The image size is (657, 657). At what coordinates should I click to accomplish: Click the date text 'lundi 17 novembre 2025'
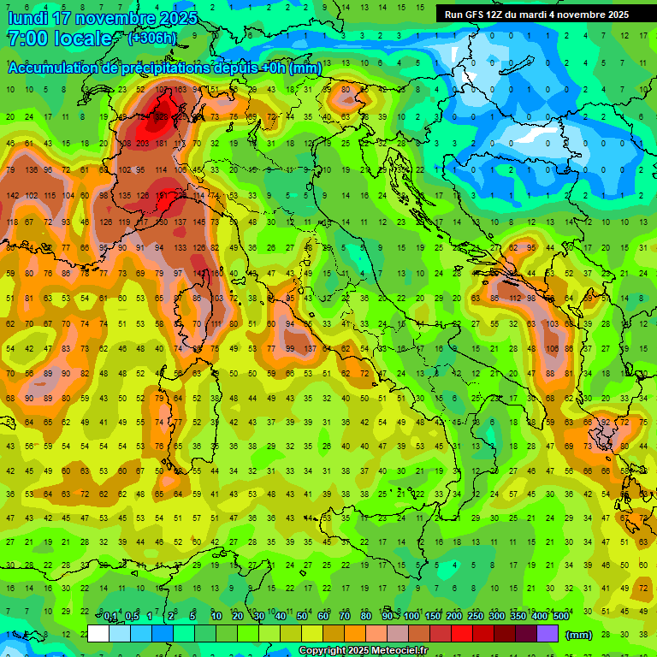[103, 18]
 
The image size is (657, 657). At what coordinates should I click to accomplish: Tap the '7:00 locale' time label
[60, 38]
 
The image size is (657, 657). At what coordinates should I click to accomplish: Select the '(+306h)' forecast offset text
[153, 38]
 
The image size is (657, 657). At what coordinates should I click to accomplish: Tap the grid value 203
[142, 144]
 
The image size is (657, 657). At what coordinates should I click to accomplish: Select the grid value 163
[180, 90]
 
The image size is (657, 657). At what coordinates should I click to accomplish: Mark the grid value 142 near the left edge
[11, 196]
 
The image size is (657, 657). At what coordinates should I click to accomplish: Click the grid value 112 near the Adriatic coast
[516, 298]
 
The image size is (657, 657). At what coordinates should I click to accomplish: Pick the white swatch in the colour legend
[98, 634]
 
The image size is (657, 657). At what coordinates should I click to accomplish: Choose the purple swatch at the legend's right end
[547, 634]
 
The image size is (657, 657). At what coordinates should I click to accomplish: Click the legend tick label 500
[560, 617]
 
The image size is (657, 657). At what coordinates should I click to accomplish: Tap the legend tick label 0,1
[110, 617]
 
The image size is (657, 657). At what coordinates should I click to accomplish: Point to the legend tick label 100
[411, 617]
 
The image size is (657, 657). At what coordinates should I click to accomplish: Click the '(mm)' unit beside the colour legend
[579, 635]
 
